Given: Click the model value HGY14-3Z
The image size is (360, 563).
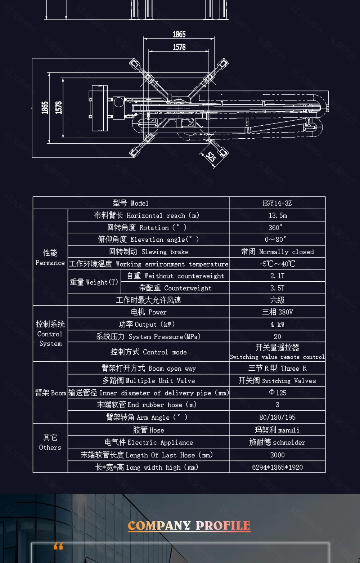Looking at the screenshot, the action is click(x=277, y=203).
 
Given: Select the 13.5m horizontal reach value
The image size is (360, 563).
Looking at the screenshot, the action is click(x=278, y=215).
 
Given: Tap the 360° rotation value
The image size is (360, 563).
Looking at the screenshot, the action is click(x=275, y=227).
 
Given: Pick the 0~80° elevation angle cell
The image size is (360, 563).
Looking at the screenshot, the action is click(x=275, y=239).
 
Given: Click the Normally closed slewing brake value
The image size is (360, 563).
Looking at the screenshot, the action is click(x=277, y=251).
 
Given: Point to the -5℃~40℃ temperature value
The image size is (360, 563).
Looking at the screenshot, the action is click(x=277, y=264).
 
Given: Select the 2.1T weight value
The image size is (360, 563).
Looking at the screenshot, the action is click(x=277, y=276).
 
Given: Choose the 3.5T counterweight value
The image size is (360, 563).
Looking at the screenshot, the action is click(x=277, y=288).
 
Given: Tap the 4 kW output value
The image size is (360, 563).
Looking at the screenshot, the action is click(x=277, y=324).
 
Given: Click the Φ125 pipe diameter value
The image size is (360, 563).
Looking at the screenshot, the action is click(x=278, y=393).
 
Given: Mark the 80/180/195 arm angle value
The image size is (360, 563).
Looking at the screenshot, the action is click(x=277, y=417).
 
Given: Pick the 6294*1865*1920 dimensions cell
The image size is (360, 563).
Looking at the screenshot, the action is click(x=277, y=467).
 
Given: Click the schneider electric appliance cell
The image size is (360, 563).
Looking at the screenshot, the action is click(x=277, y=442).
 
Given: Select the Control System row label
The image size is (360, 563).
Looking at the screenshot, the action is click(x=50, y=334).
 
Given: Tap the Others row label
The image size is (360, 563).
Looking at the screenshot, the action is click(x=50, y=442).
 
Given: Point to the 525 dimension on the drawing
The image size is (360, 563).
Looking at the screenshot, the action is click(x=211, y=157).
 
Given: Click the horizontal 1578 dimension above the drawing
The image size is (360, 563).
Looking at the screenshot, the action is click(x=179, y=47).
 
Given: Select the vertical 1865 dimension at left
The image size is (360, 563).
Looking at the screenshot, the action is click(x=45, y=108).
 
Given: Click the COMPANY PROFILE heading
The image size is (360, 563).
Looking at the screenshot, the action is click(x=189, y=526).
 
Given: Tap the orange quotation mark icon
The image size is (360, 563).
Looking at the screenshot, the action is click(x=58, y=546).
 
